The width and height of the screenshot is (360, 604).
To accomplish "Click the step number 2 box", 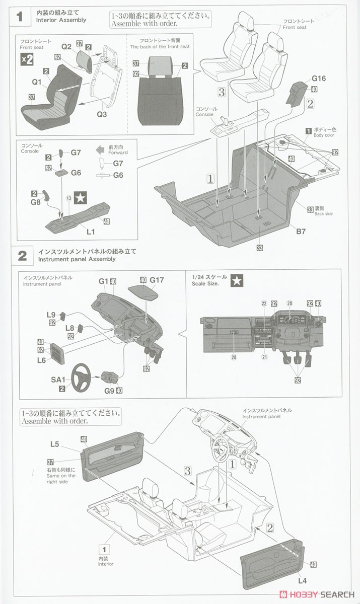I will [x=22, y=255].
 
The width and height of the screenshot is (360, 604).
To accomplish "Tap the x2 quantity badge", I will [x=27, y=59].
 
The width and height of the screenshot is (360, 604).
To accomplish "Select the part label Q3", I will [x=102, y=114].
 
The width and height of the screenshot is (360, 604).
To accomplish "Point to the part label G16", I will [x=319, y=79].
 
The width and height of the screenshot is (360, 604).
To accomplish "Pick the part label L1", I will [x=91, y=232].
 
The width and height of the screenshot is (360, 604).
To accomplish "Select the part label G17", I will [x=157, y=279].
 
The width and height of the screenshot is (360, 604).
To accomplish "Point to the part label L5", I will [x=55, y=444].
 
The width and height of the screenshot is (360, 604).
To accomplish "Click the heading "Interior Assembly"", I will [x=61, y=20].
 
